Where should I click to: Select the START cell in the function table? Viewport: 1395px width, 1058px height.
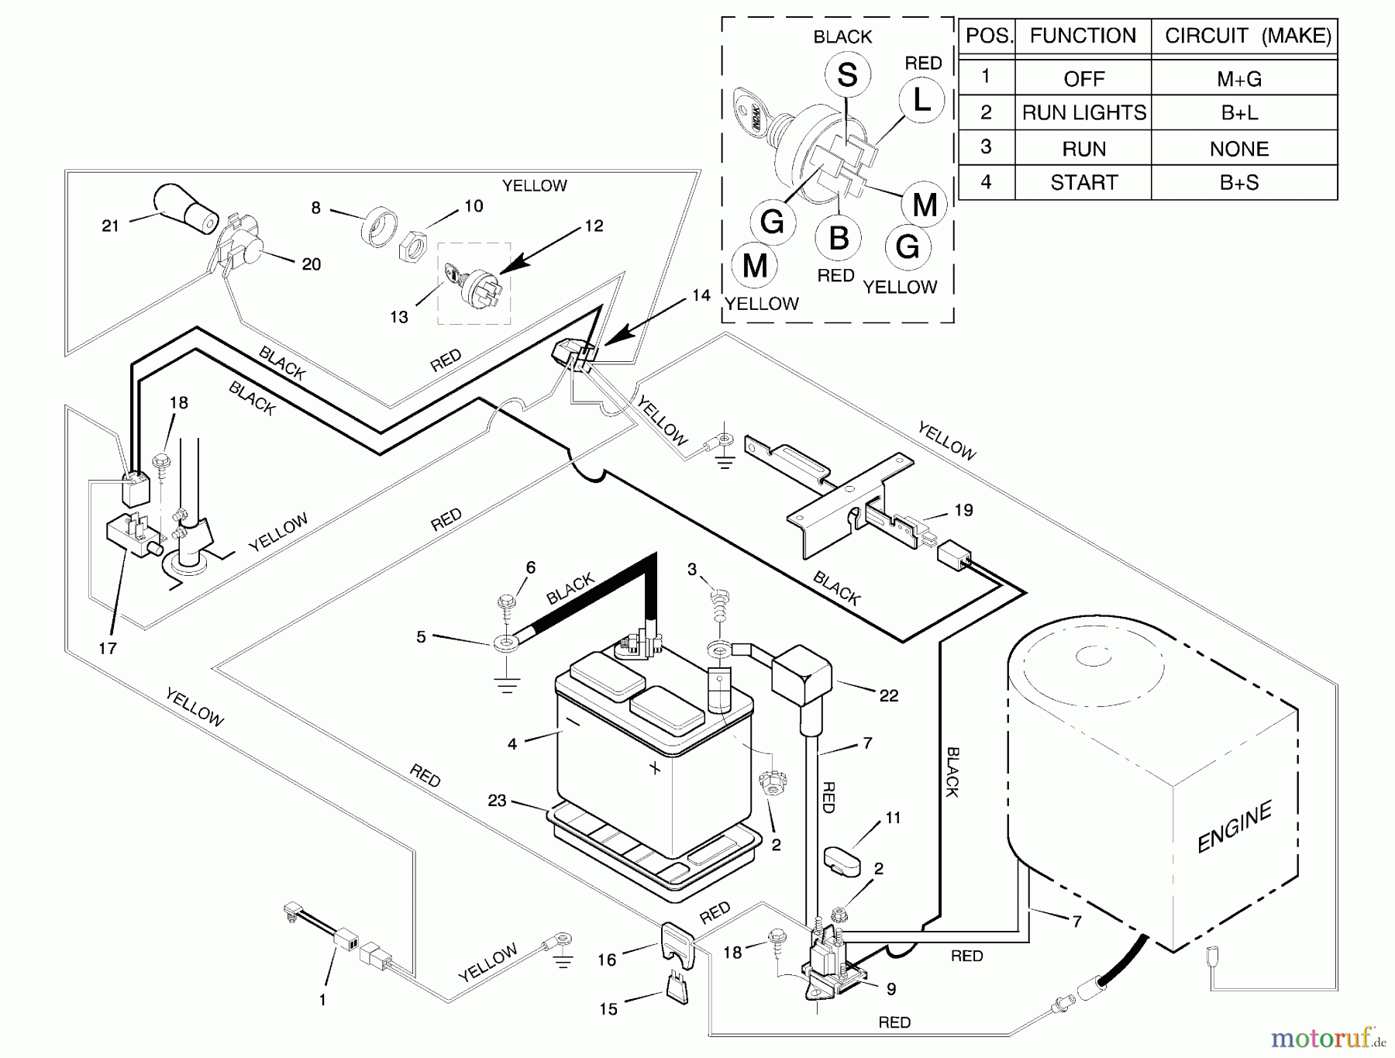tap(1083, 182)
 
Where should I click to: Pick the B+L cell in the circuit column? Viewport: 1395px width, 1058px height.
tap(1239, 113)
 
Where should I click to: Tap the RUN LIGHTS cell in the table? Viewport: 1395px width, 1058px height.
tap(1083, 113)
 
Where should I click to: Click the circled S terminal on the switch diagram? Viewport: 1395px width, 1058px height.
tap(847, 75)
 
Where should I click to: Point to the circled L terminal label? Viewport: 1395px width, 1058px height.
tap(921, 99)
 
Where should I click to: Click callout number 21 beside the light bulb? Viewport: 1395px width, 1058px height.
tap(111, 226)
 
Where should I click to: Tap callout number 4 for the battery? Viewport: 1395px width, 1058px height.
tap(512, 744)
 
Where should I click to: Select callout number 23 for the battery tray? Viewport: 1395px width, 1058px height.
tap(497, 800)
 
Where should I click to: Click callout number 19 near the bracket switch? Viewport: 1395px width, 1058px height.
tap(963, 510)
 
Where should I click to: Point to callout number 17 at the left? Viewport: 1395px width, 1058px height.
tap(107, 648)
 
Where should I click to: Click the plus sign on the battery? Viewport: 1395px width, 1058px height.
tap(655, 768)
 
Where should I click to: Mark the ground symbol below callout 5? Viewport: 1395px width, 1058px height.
tap(507, 684)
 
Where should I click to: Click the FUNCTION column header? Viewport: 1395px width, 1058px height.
tap(1083, 36)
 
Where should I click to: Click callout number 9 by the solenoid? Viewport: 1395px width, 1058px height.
tap(891, 989)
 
